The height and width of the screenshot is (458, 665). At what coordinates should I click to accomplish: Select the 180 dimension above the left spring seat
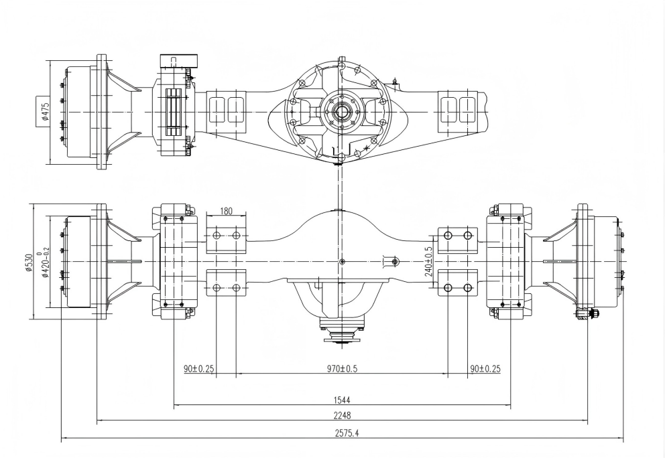point(225,211)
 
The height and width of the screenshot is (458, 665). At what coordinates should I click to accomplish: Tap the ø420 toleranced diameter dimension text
point(45,260)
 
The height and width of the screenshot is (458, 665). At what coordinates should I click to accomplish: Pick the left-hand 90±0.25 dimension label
point(198,369)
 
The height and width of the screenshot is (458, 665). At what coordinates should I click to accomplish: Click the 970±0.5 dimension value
point(341,369)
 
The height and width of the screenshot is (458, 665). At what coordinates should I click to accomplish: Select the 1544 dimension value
point(342,400)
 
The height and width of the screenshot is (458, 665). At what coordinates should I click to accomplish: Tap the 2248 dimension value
point(342,416)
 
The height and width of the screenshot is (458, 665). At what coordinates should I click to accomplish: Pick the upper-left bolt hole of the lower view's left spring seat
point(216,236)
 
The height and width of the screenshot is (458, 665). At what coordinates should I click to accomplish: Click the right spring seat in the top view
point(457,110)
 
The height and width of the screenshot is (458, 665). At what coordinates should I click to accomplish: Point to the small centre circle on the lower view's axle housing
point(343,260)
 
